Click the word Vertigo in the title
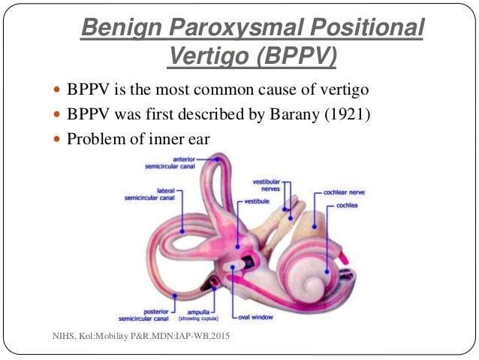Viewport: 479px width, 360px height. click(209, 56)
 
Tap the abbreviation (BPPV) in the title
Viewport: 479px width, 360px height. click(297, 56)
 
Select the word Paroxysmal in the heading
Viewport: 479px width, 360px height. click(236, 27)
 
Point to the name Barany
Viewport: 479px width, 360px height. click(295, 115)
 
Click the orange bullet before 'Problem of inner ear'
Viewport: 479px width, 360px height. click(57, 139)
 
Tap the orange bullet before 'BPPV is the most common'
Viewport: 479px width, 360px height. click(57, 89)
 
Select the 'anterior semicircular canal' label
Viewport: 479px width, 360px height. click(170, 163)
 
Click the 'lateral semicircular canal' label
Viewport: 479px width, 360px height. click(149, 195)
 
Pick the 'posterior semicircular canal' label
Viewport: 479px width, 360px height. click(143, 316)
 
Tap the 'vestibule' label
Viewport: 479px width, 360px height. click(257, 201)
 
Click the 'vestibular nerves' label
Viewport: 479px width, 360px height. click(267, 186)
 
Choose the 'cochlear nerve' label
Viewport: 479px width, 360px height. click(344, 192)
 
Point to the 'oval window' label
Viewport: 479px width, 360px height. click(255, 317)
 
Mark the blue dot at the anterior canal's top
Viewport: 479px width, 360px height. click(217, 159)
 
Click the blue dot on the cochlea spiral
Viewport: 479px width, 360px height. click(327, 271)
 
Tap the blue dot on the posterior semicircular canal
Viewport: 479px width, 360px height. click(175, 296)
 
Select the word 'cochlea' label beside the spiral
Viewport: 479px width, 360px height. click(347, 205)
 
